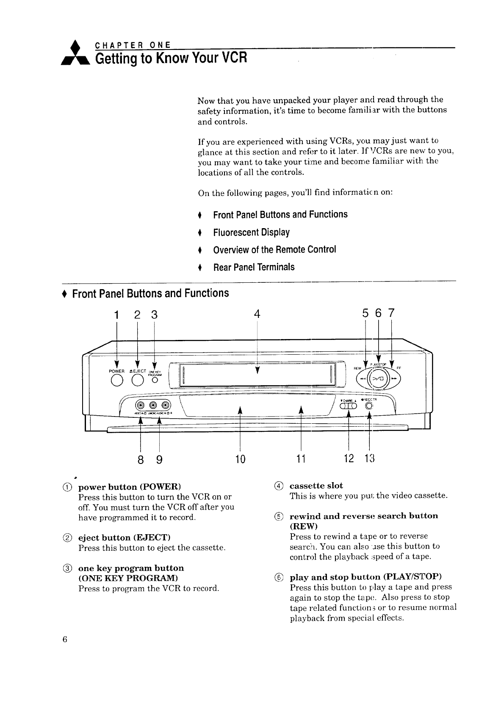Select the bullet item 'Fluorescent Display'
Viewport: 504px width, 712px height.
click(251, 232)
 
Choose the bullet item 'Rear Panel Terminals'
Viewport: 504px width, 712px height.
click(254, 267)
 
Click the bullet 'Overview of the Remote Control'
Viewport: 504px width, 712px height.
click(274, 250)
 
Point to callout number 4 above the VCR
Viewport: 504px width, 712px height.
click(256, 314)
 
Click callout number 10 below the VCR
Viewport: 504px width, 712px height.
click(240, 459)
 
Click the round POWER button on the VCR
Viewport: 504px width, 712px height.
click(117, 382)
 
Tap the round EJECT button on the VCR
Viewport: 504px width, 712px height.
click(137, 382)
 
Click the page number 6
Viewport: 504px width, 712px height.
click(64, 639)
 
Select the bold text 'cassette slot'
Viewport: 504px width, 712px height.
click(316, 486)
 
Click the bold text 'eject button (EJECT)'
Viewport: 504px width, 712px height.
click(124, 538)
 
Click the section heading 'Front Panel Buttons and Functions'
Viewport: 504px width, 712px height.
click(150, 293)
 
